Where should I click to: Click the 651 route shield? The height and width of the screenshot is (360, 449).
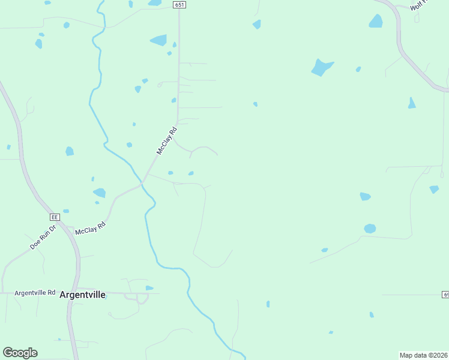pyautogui.click(x=179, y=4)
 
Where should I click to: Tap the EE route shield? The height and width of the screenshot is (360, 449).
pyautogui.click(x=55, y=217)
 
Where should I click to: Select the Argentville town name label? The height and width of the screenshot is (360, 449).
pyautogui.click(x=83, y=295)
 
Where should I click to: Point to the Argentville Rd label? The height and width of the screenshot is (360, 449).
pyautogui.click(x=35, y=293)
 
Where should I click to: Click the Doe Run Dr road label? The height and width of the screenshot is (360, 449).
pyautogui.click(x=43, y=237)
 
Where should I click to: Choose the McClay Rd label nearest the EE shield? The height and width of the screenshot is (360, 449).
pyautogui.click(x=90, y=229)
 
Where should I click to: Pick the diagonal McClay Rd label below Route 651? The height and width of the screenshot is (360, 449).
pyautogui.click(x=167, y=141)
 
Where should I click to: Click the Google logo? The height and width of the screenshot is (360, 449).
pyautogui.click(x=20, y=352)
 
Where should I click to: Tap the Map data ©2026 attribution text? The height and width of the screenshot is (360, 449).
pyautogui.click(x=424, y=355)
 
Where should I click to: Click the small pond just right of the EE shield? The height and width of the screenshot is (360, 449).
pyautogui.click(x=66, y=211)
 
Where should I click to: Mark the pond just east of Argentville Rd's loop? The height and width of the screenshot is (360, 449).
pyautogui.click(x=149, y=289)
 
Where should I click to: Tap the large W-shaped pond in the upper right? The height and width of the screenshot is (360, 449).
pyautogui.click(x=321, y=67)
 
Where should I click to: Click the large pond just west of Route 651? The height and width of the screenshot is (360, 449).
pyautogui.click(x=158, y=40)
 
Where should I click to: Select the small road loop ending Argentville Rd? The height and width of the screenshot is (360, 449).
pyautogui.click(x=142, y=298)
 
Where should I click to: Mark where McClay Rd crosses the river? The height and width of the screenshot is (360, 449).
pyautogui.click(x=142, y=184)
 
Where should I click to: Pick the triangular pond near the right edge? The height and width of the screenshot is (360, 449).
pyautogui.click(x=411, y=103)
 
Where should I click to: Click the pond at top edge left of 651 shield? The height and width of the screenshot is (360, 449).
pyautogui.click(x=155, y=2)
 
